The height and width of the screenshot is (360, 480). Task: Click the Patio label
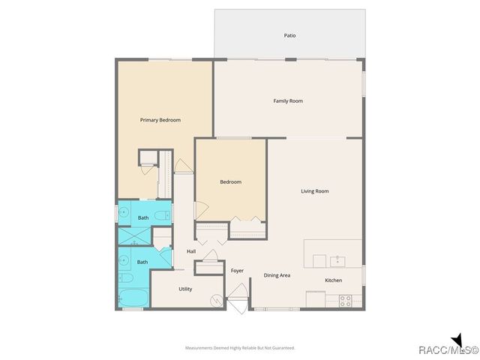pyautogui.click(x=289, y=35)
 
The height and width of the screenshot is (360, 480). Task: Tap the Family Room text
pyautogui.click(x=288, y=100)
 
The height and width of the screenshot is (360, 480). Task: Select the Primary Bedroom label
pyautogui.click(x=160, y=120)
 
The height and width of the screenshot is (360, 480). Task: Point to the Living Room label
pyautogui.click(x=315, y=191)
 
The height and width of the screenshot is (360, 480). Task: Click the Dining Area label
pyautogui.click(x=277, y=275)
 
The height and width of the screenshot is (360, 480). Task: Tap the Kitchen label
pyautogui.click(x=334, y=280)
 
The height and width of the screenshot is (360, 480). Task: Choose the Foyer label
pyautogui.click(x=237, y=270)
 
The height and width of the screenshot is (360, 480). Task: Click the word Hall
pyautogui.click(x=191, y=250)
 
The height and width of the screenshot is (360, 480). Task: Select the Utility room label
pyautogui.click(x=186, y=289)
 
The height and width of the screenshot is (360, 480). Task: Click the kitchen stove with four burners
pyautogui.click(x=346, y=300)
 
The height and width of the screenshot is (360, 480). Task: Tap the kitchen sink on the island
pyautogui.click(x=337, y=260)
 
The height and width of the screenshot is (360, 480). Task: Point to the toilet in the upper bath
pyautogui.click(x=165, y=217)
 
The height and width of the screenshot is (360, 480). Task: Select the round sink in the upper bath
pyautogui.click(x=124, y=214)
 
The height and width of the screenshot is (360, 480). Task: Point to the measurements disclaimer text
pyautogui.click(x=240, y=348)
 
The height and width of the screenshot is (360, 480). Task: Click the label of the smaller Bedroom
pyautogui.click(x=230, y=182)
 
